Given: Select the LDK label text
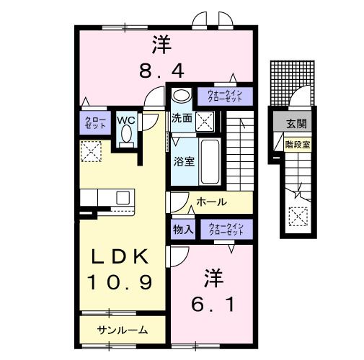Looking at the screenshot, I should (x=120, y=256).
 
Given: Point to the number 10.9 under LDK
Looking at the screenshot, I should (x=120, y=282).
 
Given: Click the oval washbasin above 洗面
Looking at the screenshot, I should (x=181, y=95).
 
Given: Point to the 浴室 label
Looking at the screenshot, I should (x=182, y=161).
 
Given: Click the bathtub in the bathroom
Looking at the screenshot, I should (x=210, y=161).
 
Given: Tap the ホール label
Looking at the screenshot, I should (x=212, y=202).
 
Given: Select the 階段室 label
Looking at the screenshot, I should (x=297, y=143).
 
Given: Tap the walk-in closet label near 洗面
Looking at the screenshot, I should (x=228, y=96).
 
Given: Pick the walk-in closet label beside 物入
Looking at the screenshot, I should (x=228, y=230).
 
